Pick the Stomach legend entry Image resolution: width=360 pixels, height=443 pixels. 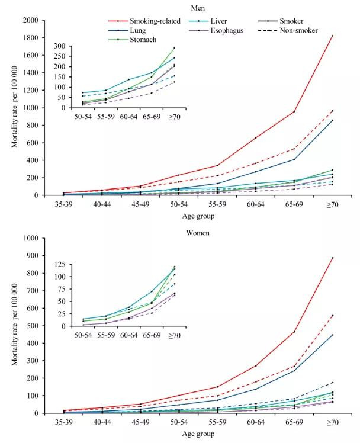[x=141, y=40]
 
